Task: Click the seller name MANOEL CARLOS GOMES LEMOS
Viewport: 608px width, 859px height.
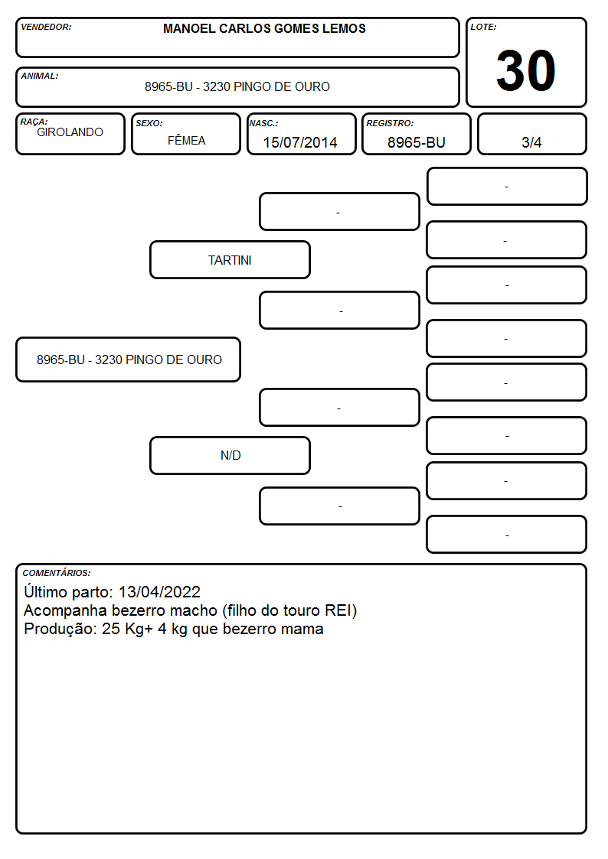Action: click(x=264, y=28)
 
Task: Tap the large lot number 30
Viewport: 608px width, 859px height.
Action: click(x=526, y=70)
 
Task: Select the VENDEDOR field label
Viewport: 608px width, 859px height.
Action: click(x=46, y=27)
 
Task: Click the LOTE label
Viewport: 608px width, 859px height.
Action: click(x=483, y=27)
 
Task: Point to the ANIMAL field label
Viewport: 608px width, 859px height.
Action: click(x=40, y=76)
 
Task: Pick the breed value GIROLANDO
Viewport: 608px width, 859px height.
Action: click(x=70, y=132)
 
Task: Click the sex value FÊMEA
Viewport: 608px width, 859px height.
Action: click(x=186, y=140)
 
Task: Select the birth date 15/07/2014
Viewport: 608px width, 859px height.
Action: click(x=300, y=142)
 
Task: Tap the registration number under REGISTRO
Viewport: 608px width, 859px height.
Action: click(x=416, y=142)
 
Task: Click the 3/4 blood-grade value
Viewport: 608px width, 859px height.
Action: click(x=531, y=142)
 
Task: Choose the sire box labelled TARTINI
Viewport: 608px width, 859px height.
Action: click(x=230, y=259)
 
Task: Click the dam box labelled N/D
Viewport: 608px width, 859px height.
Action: click(x=230, y=455)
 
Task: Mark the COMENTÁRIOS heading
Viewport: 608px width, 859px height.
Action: click(x=57, y=573)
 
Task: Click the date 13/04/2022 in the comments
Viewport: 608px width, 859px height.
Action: click(x=159, y=591)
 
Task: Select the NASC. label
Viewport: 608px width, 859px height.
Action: click(x=263, y=124)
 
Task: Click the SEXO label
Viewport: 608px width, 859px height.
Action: click(x=149, y=124)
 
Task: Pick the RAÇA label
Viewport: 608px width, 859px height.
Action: click(x=34, y=122)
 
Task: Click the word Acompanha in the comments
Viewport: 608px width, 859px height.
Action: click(x=66, y=611)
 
